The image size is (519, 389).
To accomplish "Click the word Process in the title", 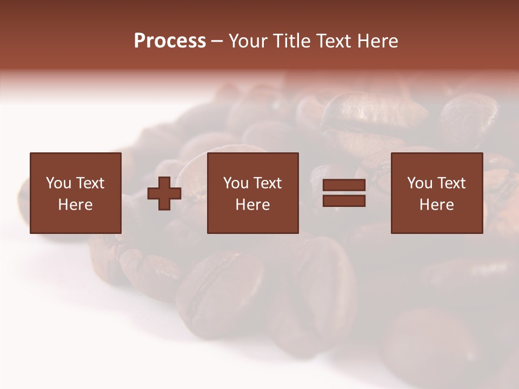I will (x=170, y=41).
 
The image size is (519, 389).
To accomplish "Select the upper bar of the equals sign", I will (x=344, y=186).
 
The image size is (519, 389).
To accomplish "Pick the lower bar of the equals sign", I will (x=344, y=200).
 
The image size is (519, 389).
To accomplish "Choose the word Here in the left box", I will (x=75, y=205).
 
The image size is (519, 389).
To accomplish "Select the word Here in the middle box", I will (x=252, y=205).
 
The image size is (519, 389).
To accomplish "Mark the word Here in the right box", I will (x=436, y=205).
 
